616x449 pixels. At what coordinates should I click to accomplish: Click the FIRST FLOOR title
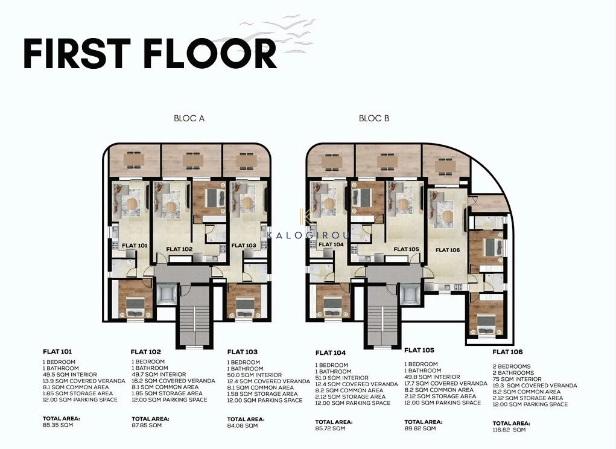point(150,54)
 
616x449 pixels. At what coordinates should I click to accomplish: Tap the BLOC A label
point(189,118)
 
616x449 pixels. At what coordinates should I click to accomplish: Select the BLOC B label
point(374,118)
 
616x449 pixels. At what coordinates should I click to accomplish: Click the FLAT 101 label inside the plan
point(135,246)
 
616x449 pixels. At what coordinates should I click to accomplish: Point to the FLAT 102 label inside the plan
point(179,249)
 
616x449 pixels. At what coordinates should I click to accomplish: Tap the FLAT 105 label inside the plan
point(406,249)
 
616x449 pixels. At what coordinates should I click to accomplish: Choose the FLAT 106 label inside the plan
point(448,250)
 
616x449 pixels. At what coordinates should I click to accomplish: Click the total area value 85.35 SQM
point(58,425)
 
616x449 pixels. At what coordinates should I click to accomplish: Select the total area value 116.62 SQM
point(509,430)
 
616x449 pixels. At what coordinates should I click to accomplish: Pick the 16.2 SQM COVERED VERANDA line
point(173,381)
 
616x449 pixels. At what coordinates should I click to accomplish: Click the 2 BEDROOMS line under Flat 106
point(512,366)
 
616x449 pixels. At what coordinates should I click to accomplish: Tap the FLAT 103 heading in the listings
point(243,352)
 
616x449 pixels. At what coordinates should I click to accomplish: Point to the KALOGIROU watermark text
point(308,236)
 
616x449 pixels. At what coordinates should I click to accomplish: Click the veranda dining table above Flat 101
point(133,160)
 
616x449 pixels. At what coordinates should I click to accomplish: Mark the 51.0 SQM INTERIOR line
point(341,378)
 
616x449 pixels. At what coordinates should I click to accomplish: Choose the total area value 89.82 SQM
point(420,428)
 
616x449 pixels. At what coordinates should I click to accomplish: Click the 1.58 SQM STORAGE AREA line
point(262,394)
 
